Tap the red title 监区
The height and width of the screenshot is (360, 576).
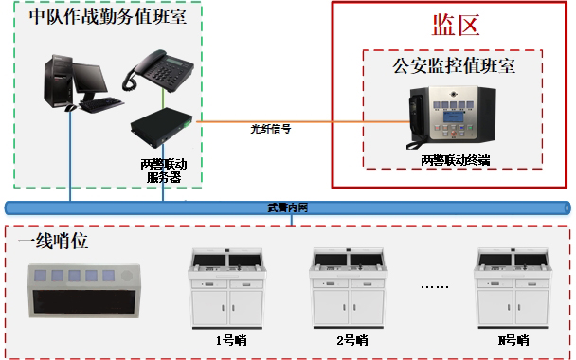(x=451, y=25)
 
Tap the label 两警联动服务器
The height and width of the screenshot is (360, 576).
(x=162, y=170)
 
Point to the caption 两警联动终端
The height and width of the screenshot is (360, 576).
(x=456, y=161)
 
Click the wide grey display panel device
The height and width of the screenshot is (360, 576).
(x=84, y=292)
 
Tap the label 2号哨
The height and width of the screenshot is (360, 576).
(x=351, y=338)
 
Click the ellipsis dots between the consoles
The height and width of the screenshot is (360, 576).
(x=435, y=283)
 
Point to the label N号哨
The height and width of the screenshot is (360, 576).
(x=513, y=338)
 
